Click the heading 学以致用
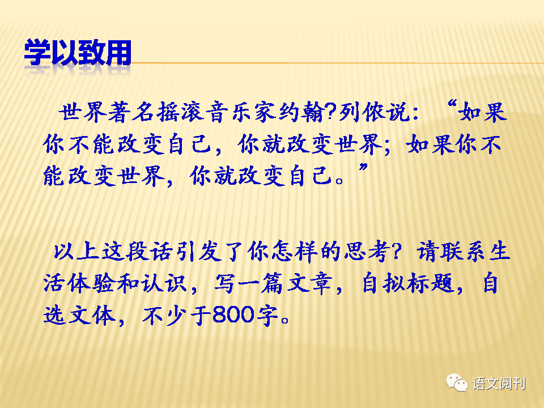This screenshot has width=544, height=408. (x=78, y=52)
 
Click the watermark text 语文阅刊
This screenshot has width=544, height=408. (x=499, y=384)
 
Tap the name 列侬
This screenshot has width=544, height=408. (x=362, y=112)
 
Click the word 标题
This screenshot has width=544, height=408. (x=431, y=283)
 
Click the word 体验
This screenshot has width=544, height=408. (x=90, y=283)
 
